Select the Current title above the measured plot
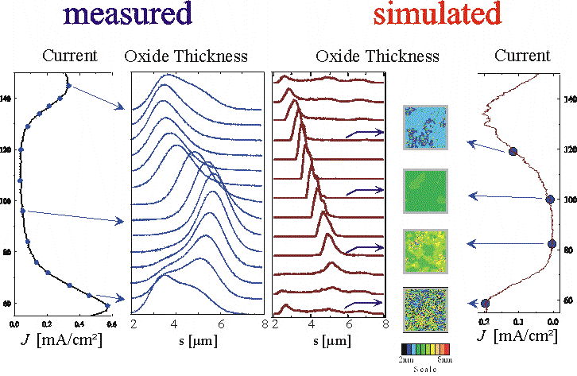pos(70,56)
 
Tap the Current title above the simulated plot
pos(521,56)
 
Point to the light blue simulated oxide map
pos(426,128)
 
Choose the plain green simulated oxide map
pos(426,190)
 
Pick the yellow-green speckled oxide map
pos(426,251)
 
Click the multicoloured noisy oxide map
pos(426,309)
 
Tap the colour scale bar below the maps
pos(426,348)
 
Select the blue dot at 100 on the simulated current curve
pos(550,200)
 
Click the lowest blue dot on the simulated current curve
pos(485,303)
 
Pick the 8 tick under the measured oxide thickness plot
pos(262,324)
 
